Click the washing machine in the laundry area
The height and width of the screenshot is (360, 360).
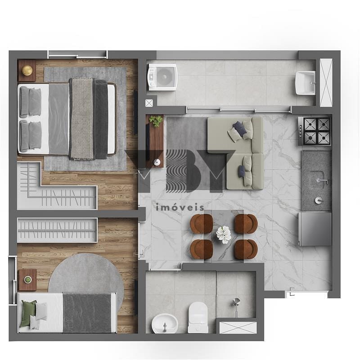(162, 77)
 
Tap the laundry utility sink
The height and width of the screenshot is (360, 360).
(305, 83)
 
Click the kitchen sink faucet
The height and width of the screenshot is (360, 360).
(322, 181)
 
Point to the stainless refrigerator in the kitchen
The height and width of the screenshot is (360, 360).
(315, 229)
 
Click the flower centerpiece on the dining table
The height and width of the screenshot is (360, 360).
(224, 234)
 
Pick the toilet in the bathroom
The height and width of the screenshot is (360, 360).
(198, 317)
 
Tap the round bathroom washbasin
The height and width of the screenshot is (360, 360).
(165, 323)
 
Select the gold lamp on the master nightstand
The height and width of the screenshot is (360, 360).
(27, 70)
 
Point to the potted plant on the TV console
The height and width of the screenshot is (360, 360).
(156, 121)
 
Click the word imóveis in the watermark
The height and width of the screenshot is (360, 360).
(180, 207)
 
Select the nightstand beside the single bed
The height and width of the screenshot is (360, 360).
(27, 279)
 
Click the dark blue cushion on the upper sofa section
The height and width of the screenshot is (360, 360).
(240, 129)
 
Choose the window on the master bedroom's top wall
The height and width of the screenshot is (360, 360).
(77, 55)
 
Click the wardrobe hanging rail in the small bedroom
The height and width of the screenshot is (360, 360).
(58, 230)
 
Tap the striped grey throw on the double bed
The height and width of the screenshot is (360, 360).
(82, 119)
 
